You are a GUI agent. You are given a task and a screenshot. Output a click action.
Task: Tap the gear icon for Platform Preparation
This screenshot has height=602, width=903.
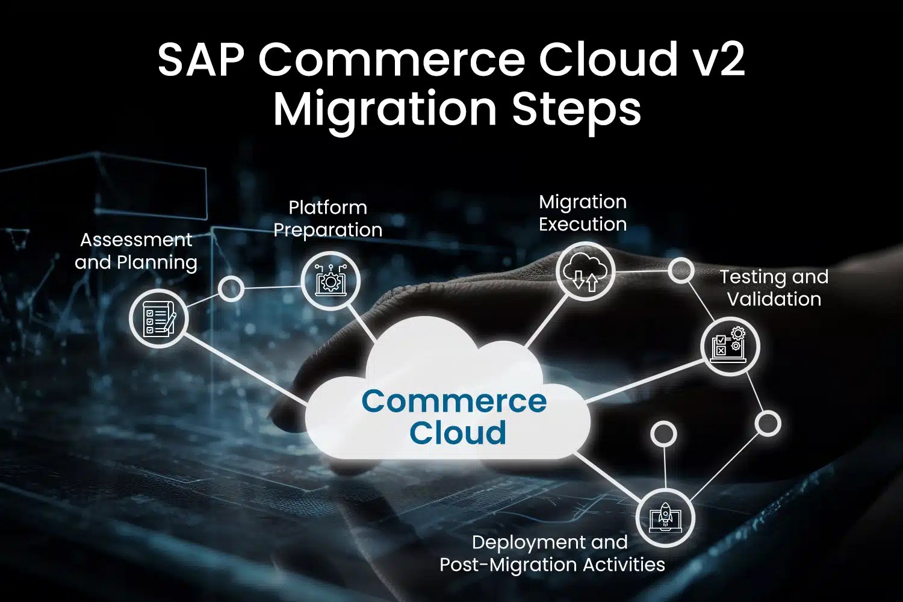(330, 281)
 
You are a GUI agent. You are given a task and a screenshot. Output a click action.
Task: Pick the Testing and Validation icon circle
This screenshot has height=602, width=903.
(730, 346)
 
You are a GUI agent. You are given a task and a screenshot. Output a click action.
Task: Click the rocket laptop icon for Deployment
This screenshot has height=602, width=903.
(665, 518)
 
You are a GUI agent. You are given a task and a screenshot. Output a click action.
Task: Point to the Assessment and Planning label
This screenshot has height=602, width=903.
(136, 251)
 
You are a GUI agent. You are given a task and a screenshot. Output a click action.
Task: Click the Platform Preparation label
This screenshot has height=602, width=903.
(328, 219)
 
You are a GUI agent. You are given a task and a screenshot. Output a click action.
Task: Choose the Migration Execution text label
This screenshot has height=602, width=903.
(583, 213)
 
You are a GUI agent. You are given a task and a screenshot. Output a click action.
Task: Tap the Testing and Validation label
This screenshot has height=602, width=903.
(774, 288)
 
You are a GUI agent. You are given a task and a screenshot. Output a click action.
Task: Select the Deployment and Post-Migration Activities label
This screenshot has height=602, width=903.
(552, 553)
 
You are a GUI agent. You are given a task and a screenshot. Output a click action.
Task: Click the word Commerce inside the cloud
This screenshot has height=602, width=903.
(454, 402)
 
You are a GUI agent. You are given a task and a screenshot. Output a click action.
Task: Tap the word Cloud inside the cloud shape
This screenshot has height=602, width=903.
(458, 433)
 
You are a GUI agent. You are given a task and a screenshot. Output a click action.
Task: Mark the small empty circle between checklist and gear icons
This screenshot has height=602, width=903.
(230, 289)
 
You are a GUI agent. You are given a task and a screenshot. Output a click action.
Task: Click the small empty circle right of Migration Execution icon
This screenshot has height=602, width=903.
(681, 271)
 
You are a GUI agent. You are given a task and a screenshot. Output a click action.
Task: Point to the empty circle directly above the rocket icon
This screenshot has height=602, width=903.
(664, 433)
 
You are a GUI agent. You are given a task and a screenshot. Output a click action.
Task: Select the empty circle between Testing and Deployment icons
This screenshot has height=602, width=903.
(768, 423)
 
